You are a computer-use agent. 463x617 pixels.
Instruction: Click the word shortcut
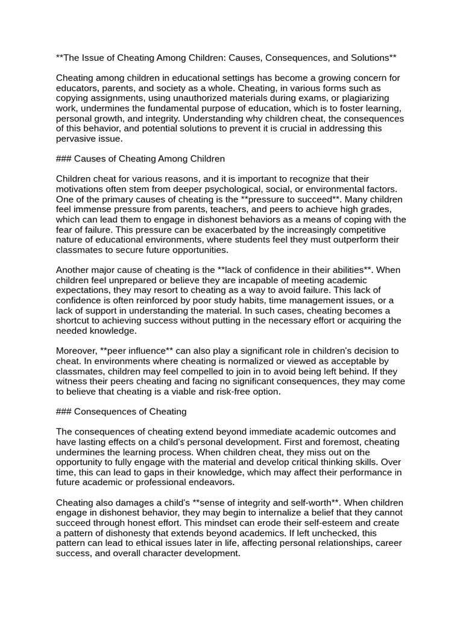75,321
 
